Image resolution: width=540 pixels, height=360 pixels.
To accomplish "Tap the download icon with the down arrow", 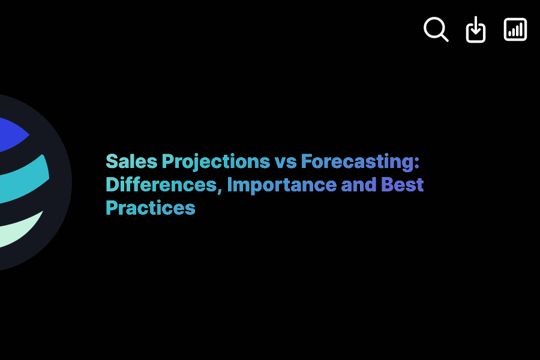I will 476,29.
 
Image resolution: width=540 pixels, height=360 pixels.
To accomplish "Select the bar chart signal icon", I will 515,29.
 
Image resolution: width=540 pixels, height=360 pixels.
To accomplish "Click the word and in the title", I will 359,185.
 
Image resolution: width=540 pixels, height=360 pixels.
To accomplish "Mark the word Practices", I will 151,208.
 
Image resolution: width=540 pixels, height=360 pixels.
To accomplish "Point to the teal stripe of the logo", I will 24,176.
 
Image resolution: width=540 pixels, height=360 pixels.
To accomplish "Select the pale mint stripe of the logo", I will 18,231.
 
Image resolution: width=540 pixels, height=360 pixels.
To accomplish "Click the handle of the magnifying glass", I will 444,37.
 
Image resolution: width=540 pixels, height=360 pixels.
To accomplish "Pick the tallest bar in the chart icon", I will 521,29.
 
